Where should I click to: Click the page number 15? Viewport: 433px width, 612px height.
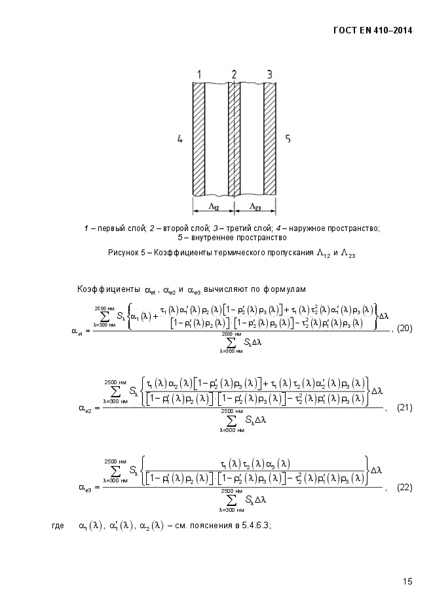(407, 581)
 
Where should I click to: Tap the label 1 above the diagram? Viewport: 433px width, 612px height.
(199, 72)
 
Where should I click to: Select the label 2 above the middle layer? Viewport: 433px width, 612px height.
(234, 72)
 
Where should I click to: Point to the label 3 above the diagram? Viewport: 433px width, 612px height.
(269, 72)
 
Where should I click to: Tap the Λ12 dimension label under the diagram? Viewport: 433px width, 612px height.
(214, 207)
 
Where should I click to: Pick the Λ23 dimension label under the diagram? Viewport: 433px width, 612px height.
(255, 207)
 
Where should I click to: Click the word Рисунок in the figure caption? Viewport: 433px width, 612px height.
(125, 253)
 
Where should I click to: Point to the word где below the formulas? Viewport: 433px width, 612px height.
(58, 525)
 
